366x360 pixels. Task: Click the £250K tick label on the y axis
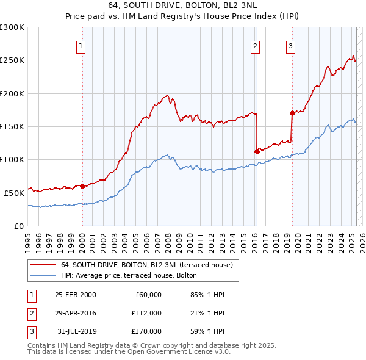coord(12,60)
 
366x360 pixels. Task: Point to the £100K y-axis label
coord(12,159)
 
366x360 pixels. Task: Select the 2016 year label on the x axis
coord(255,238)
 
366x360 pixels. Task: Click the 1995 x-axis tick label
coord(29,238)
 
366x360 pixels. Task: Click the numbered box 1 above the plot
coord(81,46)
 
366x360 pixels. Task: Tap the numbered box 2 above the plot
coord(255,46)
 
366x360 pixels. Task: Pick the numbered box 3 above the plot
coord(291,46)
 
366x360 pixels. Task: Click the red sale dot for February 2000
coord(82,186)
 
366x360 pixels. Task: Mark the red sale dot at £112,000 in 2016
coord(257,152)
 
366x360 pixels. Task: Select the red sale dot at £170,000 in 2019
coord(292,113)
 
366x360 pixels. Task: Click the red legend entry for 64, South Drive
coord(146,265)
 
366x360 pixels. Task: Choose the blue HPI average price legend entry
coord(128,275)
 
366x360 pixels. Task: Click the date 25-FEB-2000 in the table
coord(76,295)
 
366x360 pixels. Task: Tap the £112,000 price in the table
coord(146,313)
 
